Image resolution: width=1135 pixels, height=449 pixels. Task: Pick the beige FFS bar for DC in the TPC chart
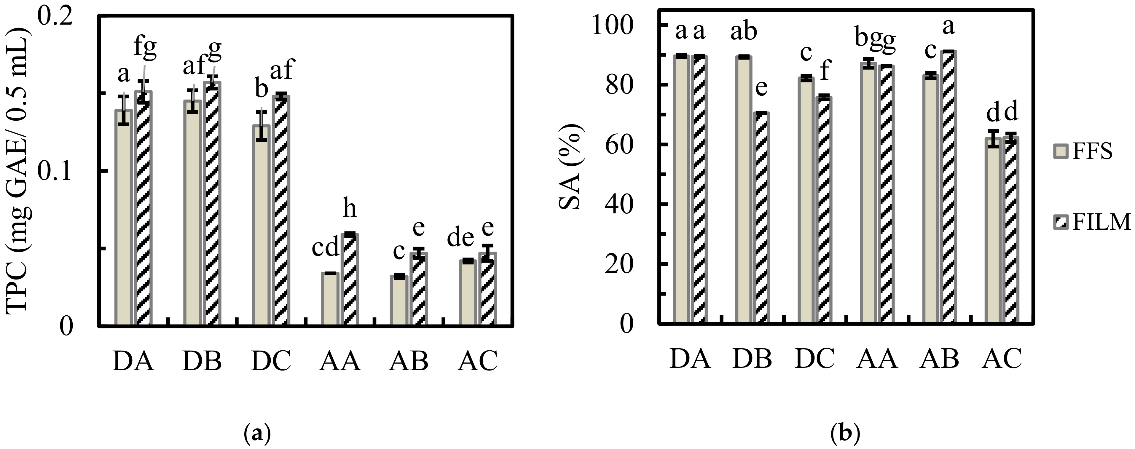(261, 225)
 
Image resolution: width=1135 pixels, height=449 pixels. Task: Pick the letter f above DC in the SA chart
(824, 71)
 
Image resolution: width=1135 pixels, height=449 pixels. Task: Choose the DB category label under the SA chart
(753, 358)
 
